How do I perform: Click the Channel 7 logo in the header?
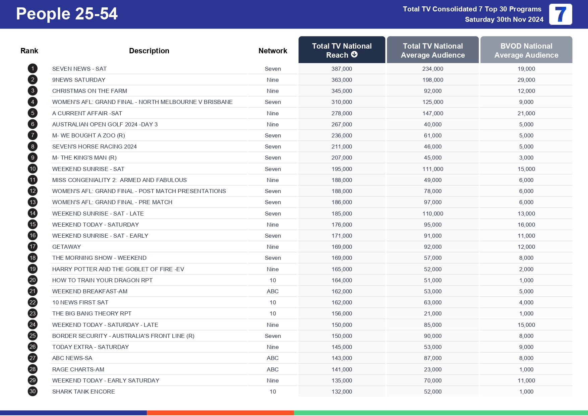click(560, 14)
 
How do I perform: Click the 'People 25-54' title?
click(67, 14)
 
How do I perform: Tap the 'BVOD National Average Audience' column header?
click(526, 50)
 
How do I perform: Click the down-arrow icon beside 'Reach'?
click(354, 55)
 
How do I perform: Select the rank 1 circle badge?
click(33, 69)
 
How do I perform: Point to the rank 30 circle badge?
click(33, 392)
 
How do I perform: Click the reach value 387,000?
click(342, 69)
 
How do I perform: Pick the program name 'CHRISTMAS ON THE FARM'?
click(90, 91)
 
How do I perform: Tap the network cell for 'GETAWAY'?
click(273, 247)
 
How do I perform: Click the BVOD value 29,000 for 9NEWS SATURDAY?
click(526, 80)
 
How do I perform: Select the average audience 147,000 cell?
click(432, 113)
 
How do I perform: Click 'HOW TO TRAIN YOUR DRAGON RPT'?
click(102, 280)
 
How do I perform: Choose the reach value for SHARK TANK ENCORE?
click(342, 392)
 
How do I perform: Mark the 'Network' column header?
click(273, 51)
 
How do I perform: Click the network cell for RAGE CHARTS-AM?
click(273, 369)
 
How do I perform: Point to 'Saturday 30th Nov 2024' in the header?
click(504, 19)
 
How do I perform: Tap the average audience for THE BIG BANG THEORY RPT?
click(432, 313)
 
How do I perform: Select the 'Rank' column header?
click(29, 51)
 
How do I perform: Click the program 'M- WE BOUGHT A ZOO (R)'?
click(89, 135)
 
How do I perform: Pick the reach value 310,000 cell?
click(342, 102)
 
